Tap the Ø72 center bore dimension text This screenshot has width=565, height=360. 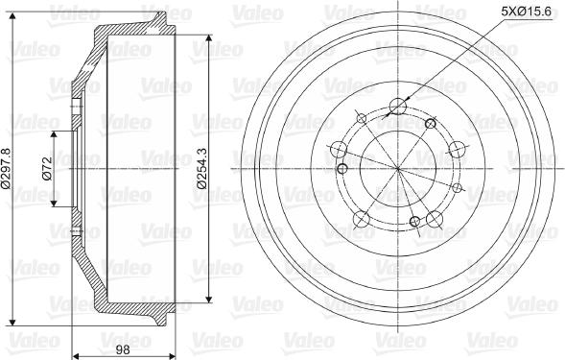pyautogui.click(x=46, y=169)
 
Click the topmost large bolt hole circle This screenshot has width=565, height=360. pyautogui.click(x=398, y=105)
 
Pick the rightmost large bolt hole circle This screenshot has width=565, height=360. pyautogui.click(x=458, y=149)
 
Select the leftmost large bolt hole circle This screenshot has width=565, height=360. pyautogui.click(x=339, y=149)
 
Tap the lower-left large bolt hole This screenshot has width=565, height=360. pyautogui.click(x=362, y=219)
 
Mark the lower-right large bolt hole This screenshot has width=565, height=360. pyautogui.click(x=435, y=219)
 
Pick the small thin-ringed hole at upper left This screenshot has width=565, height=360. pyautogui.click(x=360, y=119)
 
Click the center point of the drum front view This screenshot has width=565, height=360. pyautogui.click(x=398, y=168)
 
